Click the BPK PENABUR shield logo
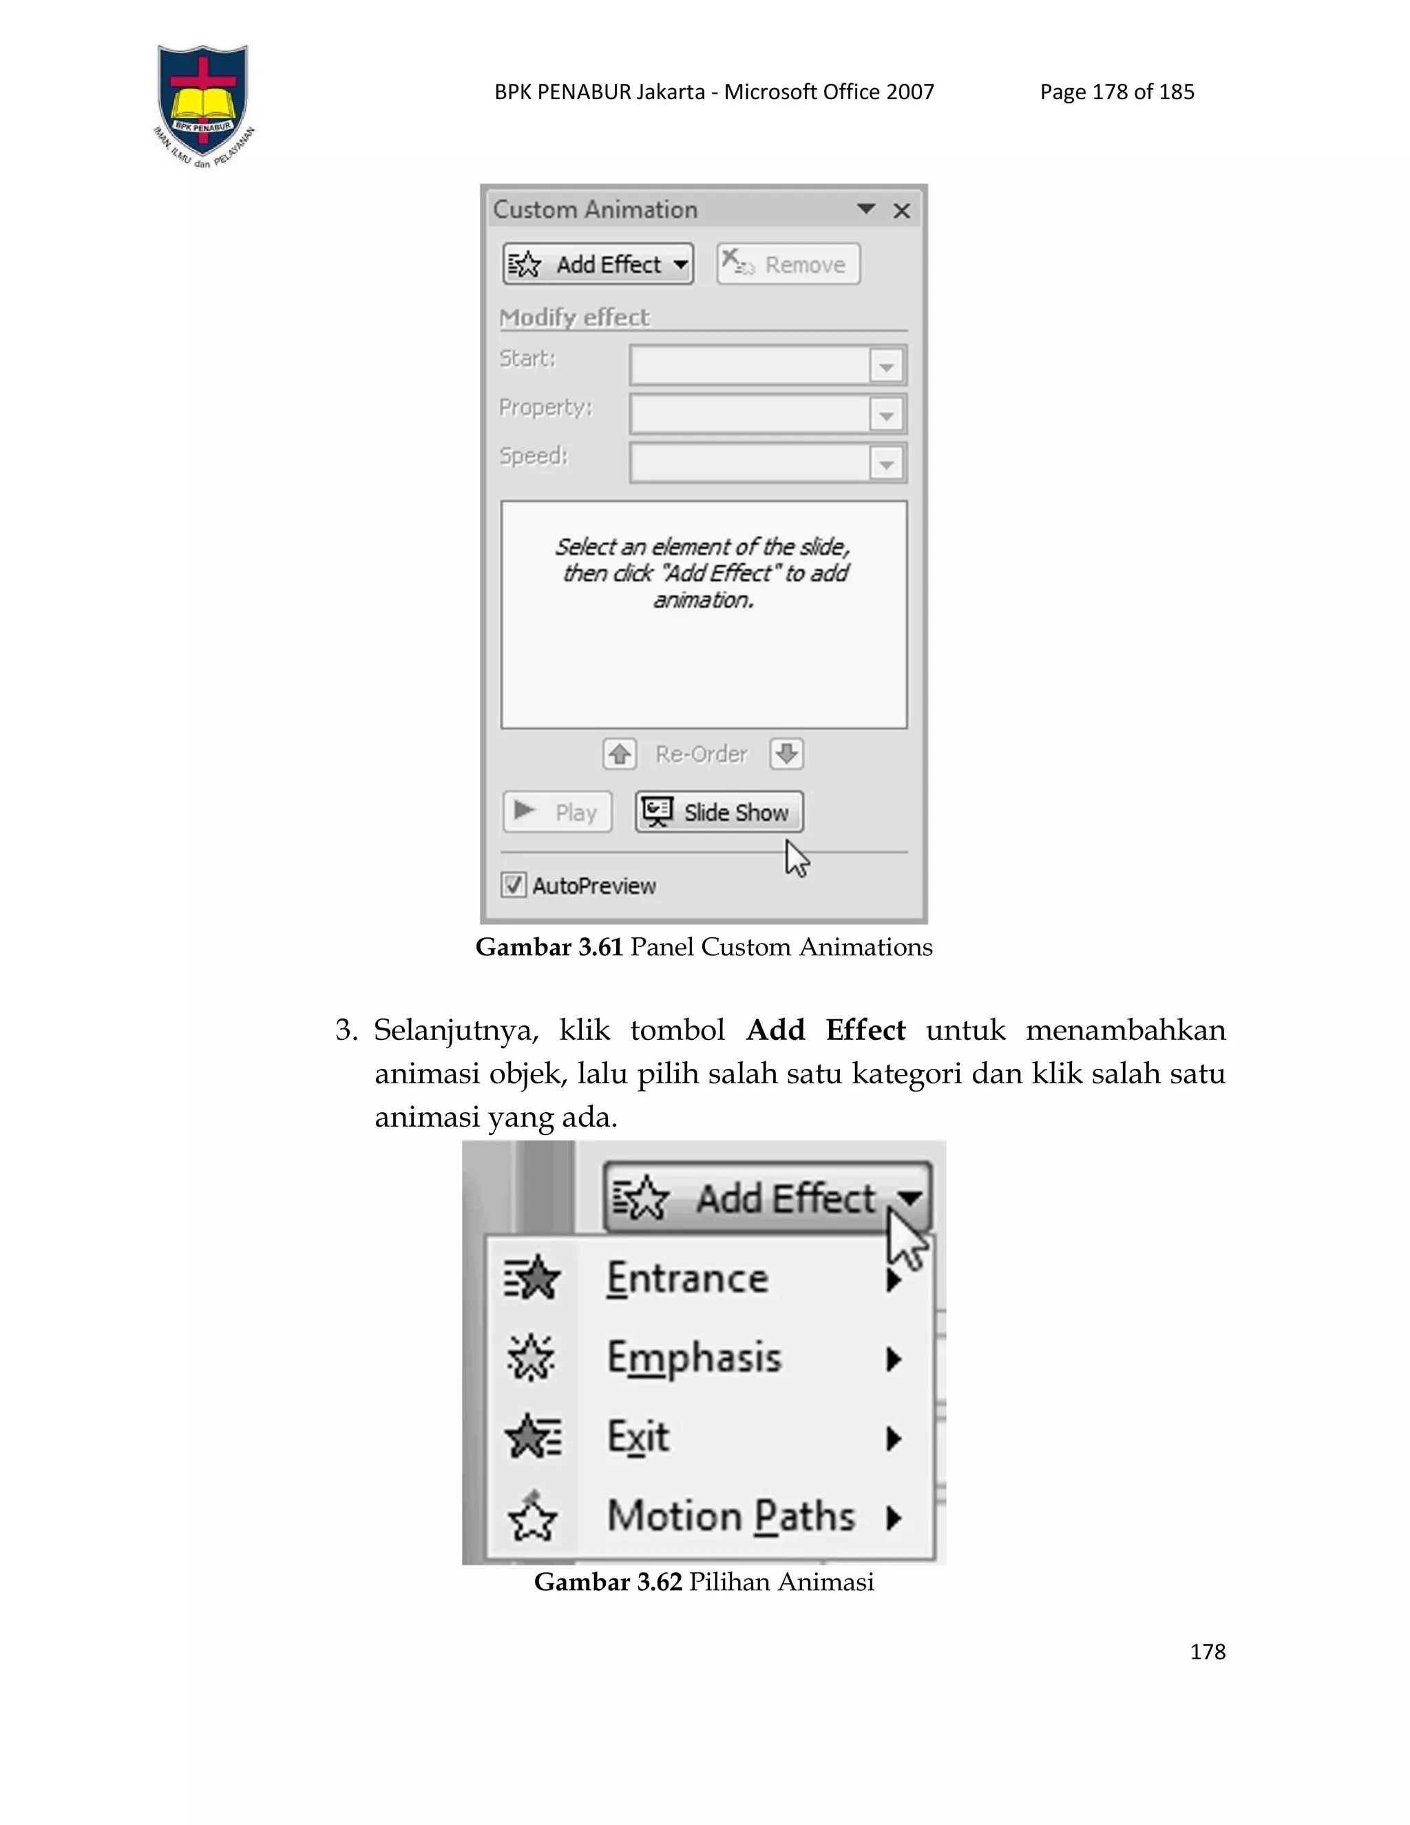point(203,102)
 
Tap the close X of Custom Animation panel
point(901,211)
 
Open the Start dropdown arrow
point(886,366)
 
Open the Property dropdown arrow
point(886,415)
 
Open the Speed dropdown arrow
point(886,463)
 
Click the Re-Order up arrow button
point(619,753)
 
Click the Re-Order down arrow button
point(786,753)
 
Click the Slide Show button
point(719,812)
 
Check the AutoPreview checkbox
point(513,885)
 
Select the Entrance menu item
point(688,1278)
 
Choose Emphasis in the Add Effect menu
point(694,1358)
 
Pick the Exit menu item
point(638,1437)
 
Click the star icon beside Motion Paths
point(532,1516)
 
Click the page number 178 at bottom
point(1207,1652)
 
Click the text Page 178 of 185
point(1117,92)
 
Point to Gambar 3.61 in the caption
point(549,948)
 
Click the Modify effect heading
point(574,317)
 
